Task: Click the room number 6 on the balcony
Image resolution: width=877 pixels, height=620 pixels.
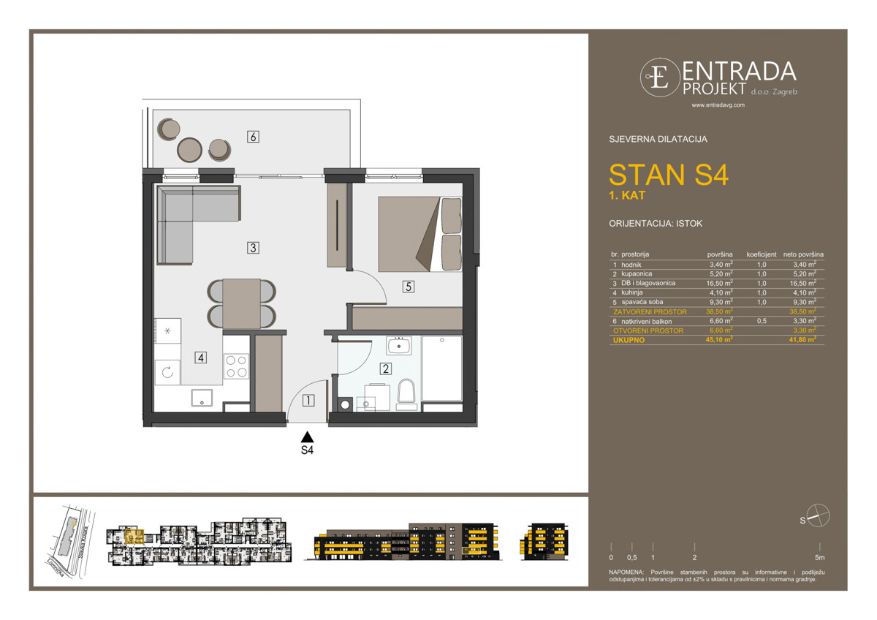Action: coord(253,137)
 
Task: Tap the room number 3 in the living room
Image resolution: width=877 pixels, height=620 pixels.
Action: coord(253,248)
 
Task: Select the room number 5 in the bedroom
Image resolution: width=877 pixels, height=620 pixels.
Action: coord(408,287)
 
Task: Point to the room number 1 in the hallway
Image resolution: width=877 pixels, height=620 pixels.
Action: coord(308,400)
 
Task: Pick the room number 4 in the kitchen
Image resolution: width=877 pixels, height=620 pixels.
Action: coord(200,358)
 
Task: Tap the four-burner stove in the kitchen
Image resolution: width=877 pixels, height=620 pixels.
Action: coord(236,366)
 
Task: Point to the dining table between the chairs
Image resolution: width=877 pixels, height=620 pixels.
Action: coord(242,303)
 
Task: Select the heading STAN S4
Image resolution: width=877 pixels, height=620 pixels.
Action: coord(668,175)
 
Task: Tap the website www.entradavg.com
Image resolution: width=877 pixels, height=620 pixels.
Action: coord(718,105)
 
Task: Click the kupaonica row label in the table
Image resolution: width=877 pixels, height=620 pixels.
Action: coord(637,273)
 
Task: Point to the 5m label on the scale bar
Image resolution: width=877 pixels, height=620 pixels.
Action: coord(820,557)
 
